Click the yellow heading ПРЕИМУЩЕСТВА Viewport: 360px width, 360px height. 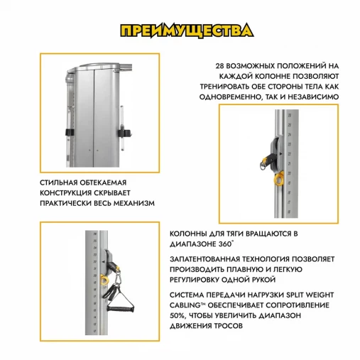[x=187, y=31]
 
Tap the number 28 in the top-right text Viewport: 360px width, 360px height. [x=219, y=66]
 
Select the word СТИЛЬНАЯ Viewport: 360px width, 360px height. [x=59, y=182]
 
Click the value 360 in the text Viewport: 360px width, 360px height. [x=224, y=244]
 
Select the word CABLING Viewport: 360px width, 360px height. [x=185, y=305]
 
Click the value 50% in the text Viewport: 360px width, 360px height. [x=176, y=316]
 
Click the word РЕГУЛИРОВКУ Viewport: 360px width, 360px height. [x=195, y=280]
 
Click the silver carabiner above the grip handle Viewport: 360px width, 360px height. [x=117, y=279]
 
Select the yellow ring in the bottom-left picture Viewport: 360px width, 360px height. [x=104, y=280]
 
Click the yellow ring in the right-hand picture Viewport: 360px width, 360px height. [x=279, y=178]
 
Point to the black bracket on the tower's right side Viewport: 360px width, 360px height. [x=124, y=133]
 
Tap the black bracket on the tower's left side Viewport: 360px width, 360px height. [x=70, y=132]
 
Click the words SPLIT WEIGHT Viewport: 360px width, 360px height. [x=310, y=295]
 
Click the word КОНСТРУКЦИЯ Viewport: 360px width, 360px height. [x=65, y=193]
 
